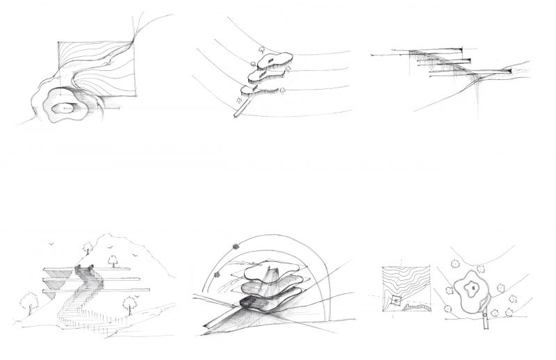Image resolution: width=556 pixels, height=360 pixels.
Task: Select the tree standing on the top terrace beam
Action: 117,260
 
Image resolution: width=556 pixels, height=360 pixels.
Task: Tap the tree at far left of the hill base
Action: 29,301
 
